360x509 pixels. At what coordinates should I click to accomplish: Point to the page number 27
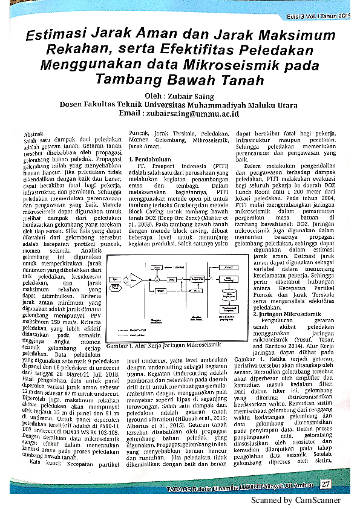325,484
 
